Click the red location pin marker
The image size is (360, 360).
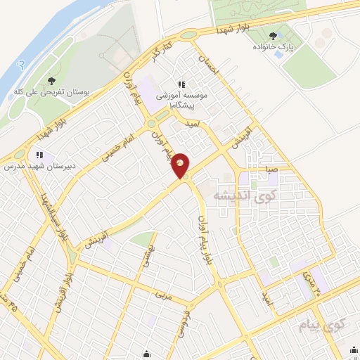point(181,165)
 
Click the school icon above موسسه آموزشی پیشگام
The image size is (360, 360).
point(181,86)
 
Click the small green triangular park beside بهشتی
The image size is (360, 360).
point(143,239)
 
